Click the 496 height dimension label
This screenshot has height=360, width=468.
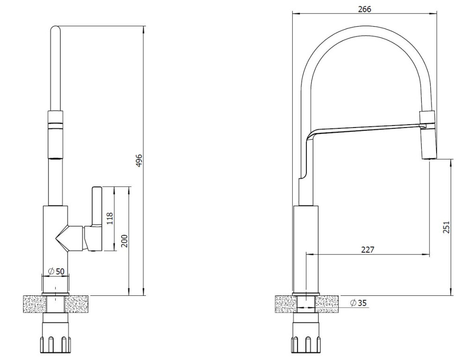(140, 160)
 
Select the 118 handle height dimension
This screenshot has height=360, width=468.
(110, 218)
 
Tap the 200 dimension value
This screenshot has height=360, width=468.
(125, 241)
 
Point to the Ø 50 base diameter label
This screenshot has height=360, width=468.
(56, 271)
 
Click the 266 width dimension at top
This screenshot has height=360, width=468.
(364, 9)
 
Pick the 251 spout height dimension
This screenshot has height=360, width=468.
(446, 228)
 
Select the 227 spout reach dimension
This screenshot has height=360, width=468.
(367, 249)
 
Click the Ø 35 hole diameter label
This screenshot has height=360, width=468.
(358, 303)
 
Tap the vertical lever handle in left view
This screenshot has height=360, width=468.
(97, 207)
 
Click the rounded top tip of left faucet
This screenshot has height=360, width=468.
(56, 28)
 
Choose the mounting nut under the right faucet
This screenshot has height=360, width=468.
(306, 345)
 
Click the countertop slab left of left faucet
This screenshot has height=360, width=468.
(35, 304)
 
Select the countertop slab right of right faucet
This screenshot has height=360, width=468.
(327, 304)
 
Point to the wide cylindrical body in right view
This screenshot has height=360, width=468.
(306, 248)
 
